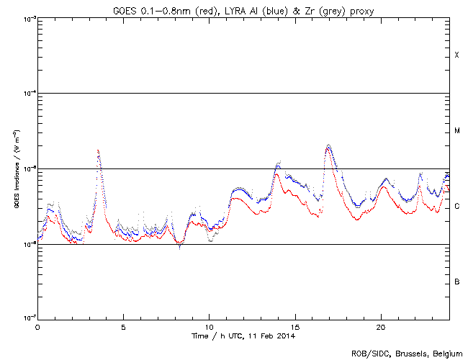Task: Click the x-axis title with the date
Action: coord(243,336)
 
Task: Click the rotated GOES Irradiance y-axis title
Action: coord(17,169)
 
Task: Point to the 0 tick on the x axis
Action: coord(37,326)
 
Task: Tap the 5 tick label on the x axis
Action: coord(123,326)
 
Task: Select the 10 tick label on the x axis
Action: coord(209,326)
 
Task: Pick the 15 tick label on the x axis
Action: coord(294,326)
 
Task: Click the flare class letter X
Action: coord(457,55)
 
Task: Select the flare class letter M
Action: coord(457,131)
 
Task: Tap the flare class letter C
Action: coord(457,207)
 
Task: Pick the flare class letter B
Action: coord(457,282)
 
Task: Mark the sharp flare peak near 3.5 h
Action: coord(98,150)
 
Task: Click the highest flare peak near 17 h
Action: coord(328,145)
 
